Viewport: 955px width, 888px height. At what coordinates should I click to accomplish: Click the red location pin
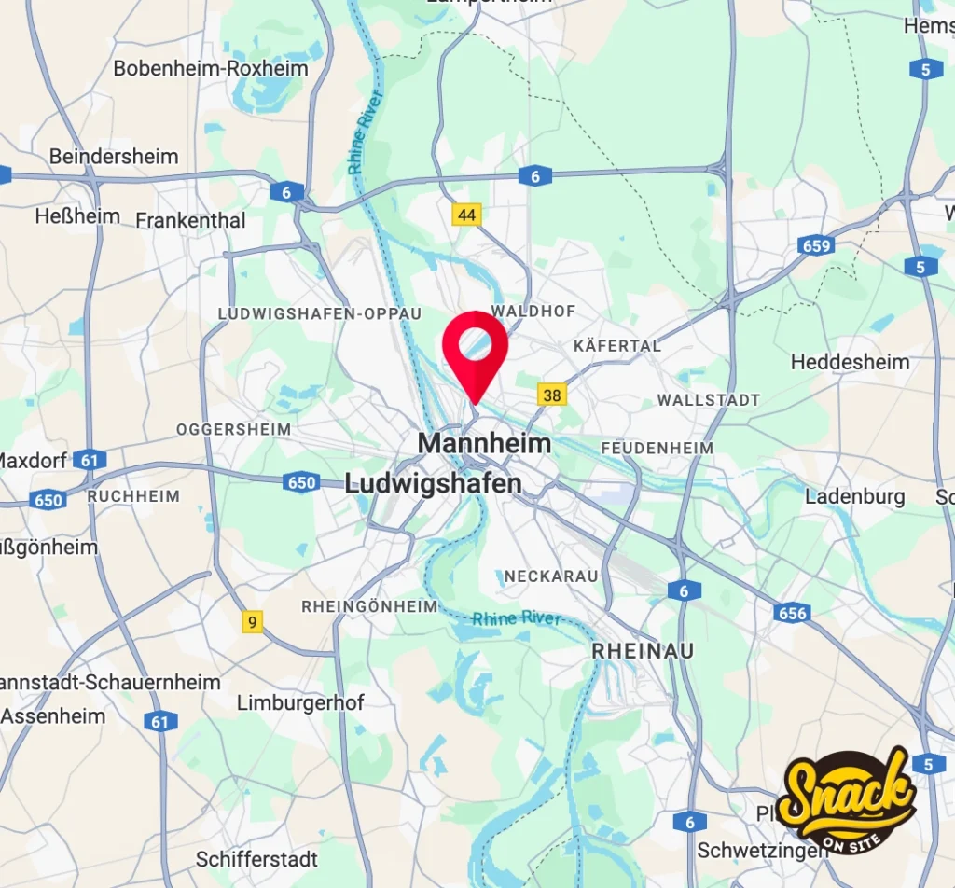475,350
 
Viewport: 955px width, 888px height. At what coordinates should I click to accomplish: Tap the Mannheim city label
484,443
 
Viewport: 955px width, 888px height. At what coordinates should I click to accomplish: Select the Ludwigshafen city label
433,483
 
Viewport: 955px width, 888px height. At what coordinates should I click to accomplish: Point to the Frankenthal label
190,220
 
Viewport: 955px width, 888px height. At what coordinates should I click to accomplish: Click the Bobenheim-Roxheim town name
211,68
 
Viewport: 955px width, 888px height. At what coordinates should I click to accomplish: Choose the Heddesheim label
850,361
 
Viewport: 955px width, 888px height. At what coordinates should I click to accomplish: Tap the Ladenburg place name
854,496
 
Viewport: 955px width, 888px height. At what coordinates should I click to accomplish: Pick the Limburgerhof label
300,702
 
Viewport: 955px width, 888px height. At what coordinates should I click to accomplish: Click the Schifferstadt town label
256,858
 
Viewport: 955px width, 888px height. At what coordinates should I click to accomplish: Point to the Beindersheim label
114,156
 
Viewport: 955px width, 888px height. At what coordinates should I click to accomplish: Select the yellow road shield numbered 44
467,215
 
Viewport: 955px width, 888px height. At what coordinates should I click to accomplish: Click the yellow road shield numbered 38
552,395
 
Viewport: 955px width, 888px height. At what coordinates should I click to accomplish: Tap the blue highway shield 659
815,246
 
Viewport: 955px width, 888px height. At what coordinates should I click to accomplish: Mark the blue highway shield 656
791,612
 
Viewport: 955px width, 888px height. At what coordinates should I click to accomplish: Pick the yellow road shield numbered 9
251,621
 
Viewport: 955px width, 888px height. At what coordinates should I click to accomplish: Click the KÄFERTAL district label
617,345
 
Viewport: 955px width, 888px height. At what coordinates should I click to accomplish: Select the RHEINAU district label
644,650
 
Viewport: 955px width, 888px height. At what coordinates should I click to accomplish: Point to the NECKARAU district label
551,576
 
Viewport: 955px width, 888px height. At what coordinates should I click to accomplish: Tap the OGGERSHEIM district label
233,429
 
